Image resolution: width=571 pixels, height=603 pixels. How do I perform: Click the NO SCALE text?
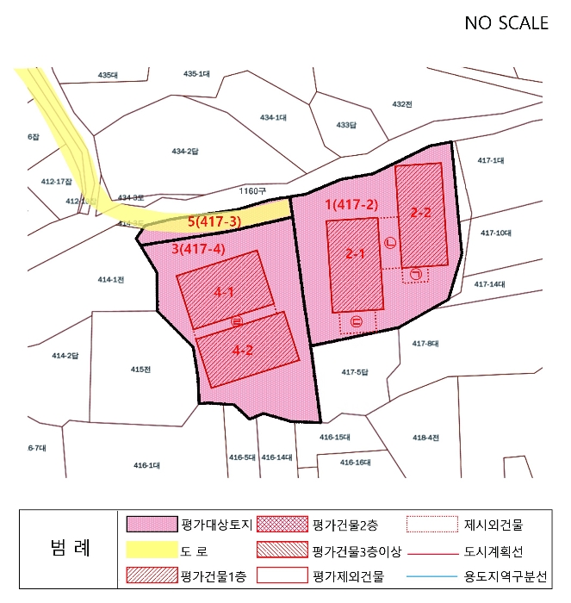tap(506, 23)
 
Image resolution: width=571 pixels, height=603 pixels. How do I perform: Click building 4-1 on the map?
tap(225, 290)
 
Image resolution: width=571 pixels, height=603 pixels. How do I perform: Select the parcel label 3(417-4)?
tap(198, 250)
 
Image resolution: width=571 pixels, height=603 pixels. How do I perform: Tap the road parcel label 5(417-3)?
tap(214, 222)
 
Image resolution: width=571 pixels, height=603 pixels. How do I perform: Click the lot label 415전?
tap(141, 369)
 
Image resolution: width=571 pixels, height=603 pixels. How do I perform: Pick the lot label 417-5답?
tap(355, 372)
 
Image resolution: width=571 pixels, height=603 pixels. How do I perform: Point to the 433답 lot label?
tap(345, 125)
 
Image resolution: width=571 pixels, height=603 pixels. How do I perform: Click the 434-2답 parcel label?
tap(184, 152)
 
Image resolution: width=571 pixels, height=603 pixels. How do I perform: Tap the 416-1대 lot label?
tap(146, 465)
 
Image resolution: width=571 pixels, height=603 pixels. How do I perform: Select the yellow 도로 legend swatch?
tap(151, 550)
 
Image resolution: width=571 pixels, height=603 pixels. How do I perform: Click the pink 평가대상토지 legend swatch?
tap(151, 524)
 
